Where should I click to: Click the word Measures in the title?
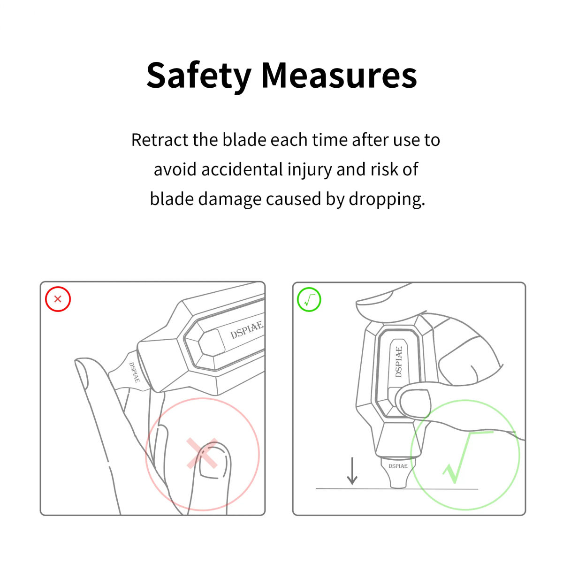point(339,76)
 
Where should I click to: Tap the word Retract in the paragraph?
point(160,140)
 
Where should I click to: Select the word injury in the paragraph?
point(309,170)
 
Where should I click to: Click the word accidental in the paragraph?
point(241,169)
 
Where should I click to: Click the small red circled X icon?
point(58,299)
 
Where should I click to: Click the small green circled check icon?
point(309,299)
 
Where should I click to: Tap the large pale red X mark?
point(202,453)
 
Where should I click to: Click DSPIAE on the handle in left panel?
point(247,330)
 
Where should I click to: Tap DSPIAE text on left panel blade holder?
point(134,372)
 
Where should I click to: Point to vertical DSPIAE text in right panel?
point(398,361)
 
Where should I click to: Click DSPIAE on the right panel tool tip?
point(398,466)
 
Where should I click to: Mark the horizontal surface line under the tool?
point(397,488)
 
